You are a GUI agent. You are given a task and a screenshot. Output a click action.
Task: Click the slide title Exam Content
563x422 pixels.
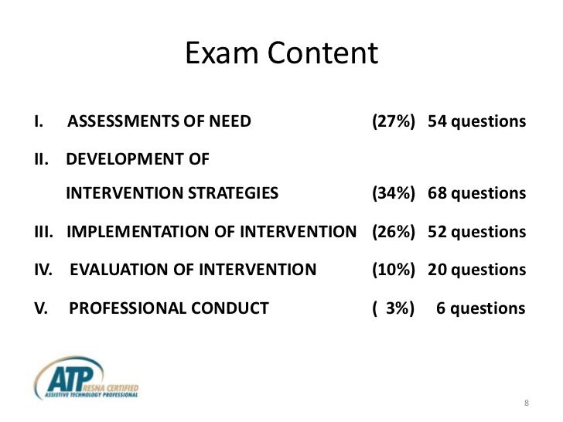[281, 54]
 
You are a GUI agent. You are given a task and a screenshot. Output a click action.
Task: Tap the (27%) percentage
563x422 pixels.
[393, 122]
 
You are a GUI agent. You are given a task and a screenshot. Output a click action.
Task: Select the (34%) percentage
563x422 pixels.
[393, 193]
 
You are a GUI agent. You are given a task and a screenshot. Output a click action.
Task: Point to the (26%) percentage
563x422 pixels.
[393, 232]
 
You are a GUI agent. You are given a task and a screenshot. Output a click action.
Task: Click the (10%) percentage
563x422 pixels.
[393, 270]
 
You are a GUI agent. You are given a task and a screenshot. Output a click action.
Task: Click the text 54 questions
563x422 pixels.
[476, 122]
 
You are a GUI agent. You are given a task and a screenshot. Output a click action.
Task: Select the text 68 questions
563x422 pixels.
[476, 193]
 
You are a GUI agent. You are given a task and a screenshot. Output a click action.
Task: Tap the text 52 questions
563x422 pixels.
[476, 232]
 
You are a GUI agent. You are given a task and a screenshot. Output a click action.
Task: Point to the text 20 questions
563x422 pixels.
[476, 270]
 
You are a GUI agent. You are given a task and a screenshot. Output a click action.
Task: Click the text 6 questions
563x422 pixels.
[481, 308]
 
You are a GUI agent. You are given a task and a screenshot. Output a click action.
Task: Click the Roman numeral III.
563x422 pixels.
[43, 232]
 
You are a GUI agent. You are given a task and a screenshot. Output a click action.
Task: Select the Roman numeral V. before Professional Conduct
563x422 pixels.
[39, 308]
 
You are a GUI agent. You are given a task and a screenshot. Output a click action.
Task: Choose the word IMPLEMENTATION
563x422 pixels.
[129, 232]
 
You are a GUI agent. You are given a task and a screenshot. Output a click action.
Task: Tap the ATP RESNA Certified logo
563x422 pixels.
[86, 378]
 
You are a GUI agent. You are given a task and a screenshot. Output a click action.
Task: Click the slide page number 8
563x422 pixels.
[526, 405]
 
